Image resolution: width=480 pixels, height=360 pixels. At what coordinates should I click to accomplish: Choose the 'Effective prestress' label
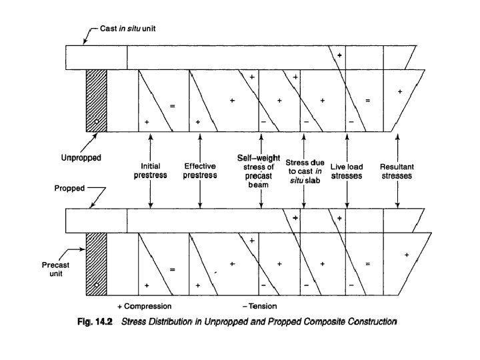coord(201,171)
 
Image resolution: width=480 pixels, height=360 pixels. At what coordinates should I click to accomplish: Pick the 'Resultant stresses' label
coord(398,171)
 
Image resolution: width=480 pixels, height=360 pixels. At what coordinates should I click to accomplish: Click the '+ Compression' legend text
coord(145,306)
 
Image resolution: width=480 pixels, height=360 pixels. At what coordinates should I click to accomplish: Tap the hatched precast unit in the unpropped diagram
coord(97,101)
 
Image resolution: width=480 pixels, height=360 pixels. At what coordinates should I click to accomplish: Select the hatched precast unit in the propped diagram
coord(97,264)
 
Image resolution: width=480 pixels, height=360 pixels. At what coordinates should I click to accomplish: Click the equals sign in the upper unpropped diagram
coord(172,106)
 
